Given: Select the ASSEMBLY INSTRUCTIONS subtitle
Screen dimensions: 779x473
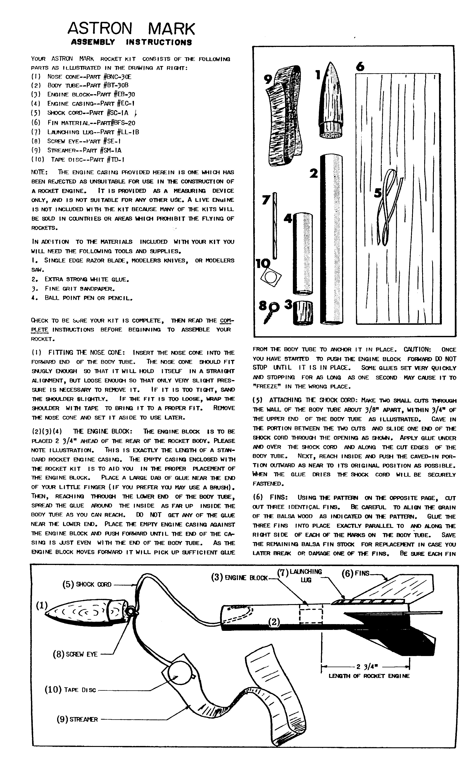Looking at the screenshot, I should pyautogui.click(x=131, y=42).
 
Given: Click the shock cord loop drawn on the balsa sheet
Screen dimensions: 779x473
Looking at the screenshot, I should pyautogui.click(x=389, y=206).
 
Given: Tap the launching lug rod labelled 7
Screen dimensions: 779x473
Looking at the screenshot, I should pyautogui.click(x=275, y=224).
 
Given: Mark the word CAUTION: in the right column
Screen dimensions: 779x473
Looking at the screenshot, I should pyautogui.click(x=417, y=349).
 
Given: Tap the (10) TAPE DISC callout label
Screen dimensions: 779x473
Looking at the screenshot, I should pyautogui.click(x=70, y=690).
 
